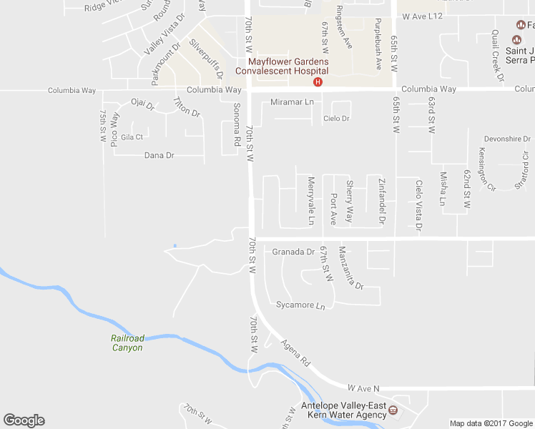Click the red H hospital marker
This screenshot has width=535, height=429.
(318, 82)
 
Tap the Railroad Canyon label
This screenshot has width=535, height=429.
(127, 343)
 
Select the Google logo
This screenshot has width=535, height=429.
(24, 420)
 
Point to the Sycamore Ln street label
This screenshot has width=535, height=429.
(300, 305)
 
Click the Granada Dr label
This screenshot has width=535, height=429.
(293, 252)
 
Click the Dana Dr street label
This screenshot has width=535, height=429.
(159, 155)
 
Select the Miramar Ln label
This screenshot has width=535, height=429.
(292, 103)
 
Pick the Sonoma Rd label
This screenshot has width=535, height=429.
(235, 125)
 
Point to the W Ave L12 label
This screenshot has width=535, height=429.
(423, 16)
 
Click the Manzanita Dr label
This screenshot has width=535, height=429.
(351, 267)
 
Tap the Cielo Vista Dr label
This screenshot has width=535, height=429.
(419, 206)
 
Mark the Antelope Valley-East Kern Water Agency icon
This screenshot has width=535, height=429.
(394, 410)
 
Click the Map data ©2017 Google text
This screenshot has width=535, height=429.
(491, 423)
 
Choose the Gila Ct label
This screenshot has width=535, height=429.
(132, 137)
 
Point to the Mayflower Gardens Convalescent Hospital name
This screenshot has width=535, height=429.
(283, 66)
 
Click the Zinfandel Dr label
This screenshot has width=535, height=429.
(381, 201)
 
